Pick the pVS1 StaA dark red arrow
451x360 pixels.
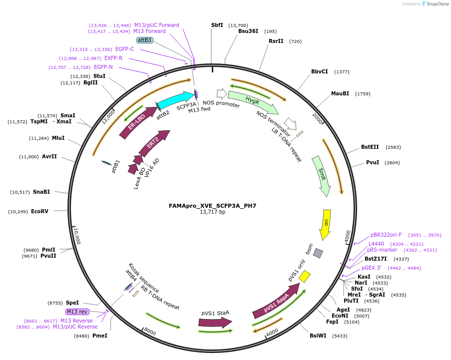(215, 322)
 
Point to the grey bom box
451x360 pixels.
(318, 253)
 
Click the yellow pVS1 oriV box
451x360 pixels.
(305, 276)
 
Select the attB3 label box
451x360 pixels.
(144, 40)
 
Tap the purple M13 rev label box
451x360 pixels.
(77, 312)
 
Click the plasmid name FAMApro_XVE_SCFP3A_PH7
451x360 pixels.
(213, 206)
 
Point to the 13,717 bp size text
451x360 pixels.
(213, 212)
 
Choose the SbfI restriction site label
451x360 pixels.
(217, 25)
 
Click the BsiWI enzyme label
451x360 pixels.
(318, 336)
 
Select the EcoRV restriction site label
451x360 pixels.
(39, 211)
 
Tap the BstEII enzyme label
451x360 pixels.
(370, 147)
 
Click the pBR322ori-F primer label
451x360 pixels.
(386, 235)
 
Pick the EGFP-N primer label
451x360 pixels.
(103, 67)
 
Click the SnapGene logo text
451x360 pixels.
(438, 3)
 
